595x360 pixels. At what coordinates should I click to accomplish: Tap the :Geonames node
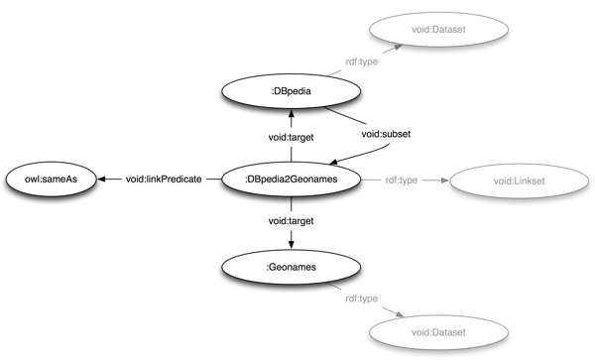click(x=291, y=266)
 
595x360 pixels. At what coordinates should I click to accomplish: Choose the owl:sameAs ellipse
click(x=52, y=180)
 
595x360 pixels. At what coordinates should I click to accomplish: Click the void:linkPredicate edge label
click(x=164, y=180)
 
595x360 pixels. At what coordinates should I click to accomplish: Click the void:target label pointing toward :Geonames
click(x=291, y=220)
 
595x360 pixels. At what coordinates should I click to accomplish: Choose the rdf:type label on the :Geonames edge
click(x=362, y=298)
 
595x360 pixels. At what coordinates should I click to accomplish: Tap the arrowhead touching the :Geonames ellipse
click(x=291, y=242)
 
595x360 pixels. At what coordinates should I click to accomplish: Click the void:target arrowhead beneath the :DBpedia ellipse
click(x=291, y=120)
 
